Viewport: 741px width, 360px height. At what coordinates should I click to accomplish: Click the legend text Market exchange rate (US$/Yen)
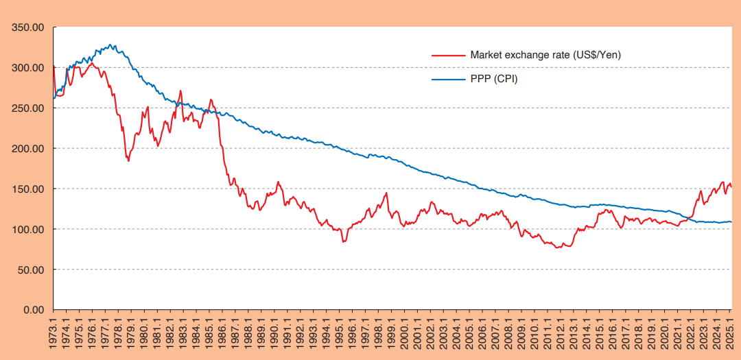coord(545,55)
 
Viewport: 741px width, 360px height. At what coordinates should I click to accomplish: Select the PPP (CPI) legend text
coord(494,79)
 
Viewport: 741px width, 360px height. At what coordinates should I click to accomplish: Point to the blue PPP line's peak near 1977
coord(111,45)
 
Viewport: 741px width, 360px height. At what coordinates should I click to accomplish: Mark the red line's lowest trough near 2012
coord(558,247)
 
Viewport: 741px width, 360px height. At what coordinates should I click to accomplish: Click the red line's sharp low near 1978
coord(128,160)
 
